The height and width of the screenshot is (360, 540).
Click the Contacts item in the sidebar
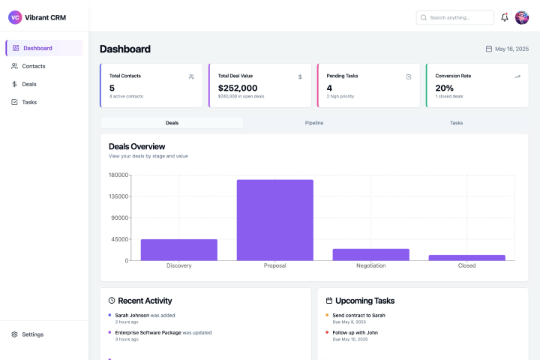pos(34,66)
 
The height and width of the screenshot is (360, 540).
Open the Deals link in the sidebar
pos(29,84)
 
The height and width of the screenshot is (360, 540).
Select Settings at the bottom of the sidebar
pos(32,334)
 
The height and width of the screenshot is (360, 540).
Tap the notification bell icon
pos(505,17)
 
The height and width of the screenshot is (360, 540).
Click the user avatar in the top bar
pos(522,17)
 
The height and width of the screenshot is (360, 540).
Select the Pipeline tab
pos(314,122)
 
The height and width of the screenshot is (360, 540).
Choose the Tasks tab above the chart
pos(456,122)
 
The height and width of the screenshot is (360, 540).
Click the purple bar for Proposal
pos(275,220)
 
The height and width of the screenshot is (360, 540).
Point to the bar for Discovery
pos(179,250)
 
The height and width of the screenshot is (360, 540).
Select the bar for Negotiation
pos(371,254)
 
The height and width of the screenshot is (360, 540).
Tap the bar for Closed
pos(467,257)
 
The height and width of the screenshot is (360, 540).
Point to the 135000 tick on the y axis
pos(118,196)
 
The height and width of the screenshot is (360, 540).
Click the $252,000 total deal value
pos(238,88)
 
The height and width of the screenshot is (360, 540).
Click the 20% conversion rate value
pos(444,88)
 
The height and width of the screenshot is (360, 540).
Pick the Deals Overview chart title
pos(136,146)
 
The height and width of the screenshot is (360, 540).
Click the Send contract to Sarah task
pos(358,315)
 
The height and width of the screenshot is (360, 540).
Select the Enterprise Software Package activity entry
pos(148,332)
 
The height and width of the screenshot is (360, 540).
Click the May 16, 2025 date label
pos(511,49)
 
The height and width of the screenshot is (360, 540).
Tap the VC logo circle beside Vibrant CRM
pos(15,17)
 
